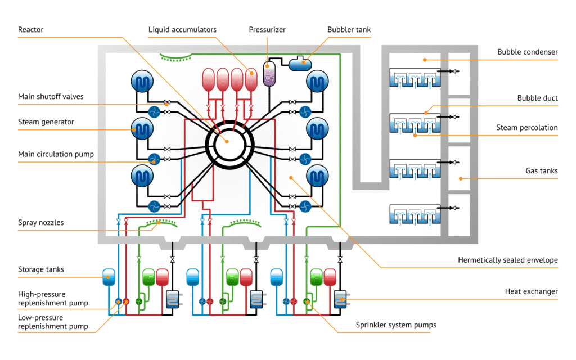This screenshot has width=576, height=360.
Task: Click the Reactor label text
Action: (30, 29)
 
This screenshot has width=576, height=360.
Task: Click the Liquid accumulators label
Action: (182, 29)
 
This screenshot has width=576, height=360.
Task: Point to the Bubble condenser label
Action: (527, 52)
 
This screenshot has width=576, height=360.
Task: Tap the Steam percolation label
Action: (526, 128)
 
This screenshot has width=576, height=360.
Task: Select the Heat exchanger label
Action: (531, 291)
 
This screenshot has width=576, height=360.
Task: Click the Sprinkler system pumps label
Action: (396, 325)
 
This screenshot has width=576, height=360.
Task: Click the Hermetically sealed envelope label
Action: (507, 260)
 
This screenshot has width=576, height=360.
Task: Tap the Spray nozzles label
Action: (40, 223)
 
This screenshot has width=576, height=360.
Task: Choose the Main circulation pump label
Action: (56, 154)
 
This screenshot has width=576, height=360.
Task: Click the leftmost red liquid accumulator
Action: (209, 79)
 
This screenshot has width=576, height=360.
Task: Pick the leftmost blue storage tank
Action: (109, 276)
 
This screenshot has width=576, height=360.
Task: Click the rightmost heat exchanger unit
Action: (340, 299)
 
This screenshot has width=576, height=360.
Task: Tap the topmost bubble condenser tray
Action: (414, 77)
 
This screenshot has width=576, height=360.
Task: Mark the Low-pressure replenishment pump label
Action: (53, 322)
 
